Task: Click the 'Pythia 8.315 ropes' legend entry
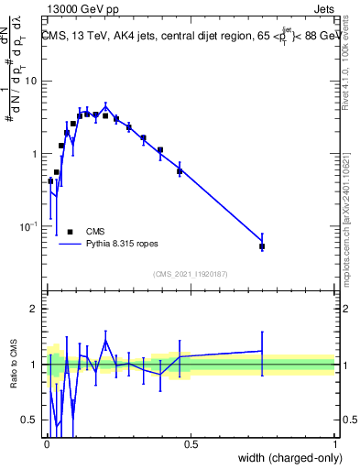coord(123,245)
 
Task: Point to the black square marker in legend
coord(70,232)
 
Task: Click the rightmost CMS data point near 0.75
coord(262,246)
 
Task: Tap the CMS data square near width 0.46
coord(180,171)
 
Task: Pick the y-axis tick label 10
coord(31,81)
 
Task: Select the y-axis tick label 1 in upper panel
coord(35,154)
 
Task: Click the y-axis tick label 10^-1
coord(27,226)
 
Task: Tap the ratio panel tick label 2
coord(35,309)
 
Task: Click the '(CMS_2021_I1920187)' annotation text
coord(190,273)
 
